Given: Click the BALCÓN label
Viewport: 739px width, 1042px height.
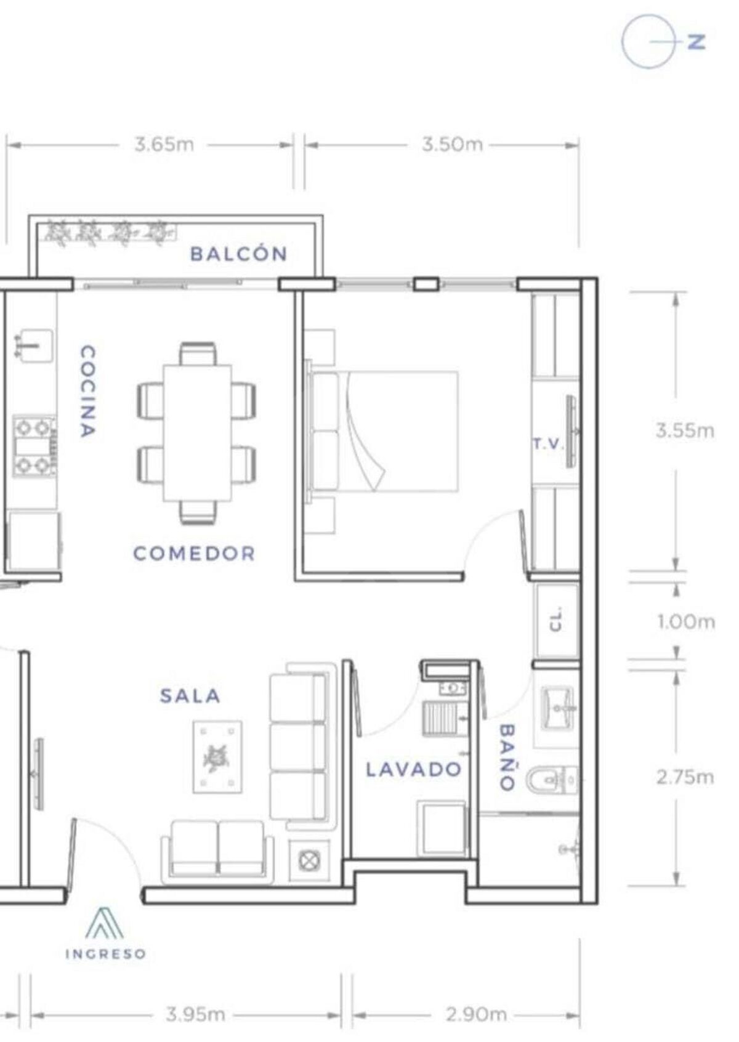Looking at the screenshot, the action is pos(238,254).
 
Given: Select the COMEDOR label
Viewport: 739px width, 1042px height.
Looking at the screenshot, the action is pos(194,554).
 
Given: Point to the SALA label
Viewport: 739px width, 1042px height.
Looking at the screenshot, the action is pos(190,696).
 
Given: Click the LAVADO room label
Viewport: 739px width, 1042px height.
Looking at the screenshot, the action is pos(413,769).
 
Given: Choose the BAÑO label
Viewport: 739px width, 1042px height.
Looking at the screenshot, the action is pos(507,757).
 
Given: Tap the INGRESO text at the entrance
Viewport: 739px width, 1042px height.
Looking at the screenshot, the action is pos(105,954).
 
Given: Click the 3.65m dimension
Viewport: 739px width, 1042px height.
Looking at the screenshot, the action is pos(164,145).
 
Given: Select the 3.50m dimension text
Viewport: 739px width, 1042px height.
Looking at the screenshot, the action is pos(452,145).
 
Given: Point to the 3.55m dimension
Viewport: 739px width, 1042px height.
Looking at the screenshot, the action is pos(685,431).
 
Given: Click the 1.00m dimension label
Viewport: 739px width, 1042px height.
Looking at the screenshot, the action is pos(686,623).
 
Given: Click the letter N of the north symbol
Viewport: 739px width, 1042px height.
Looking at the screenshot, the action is pos(697,42).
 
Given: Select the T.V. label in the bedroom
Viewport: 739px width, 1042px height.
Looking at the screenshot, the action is pos(549,444).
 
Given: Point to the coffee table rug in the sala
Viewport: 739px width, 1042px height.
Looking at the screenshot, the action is pos(217,757).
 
